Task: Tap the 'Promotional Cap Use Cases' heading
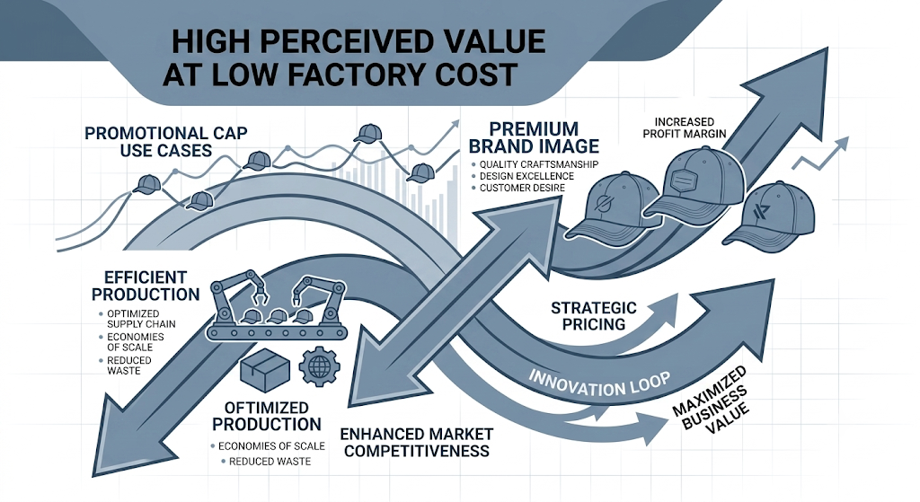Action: tap(166, 142)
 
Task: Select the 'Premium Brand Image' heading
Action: tap(534, 137)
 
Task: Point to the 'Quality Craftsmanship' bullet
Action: tap(539, 165)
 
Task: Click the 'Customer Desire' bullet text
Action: tap(522, 189)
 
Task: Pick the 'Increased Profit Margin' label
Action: tap(684, 128)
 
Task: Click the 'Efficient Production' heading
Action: tap(146, 286)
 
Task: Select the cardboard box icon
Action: tap(265, 370)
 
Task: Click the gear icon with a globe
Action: tap(319, 365)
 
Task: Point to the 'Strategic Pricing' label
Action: tap(593, 315)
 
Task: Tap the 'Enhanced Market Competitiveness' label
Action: tap(417, 442)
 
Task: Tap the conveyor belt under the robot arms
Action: tap(277, 332)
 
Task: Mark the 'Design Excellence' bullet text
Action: tap(526, 177)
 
